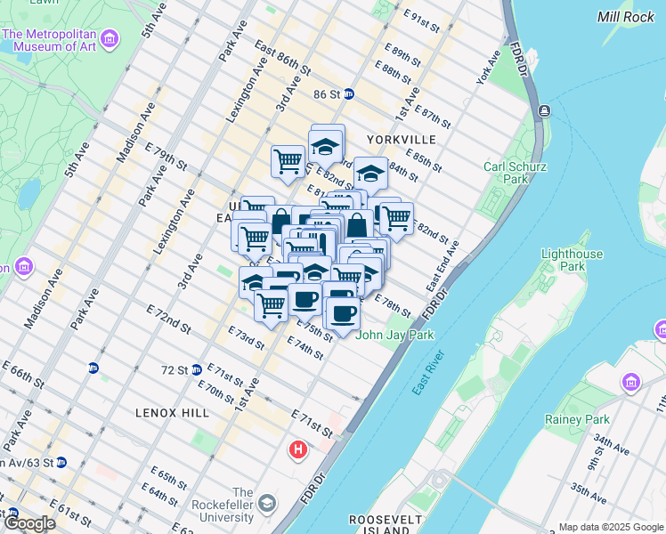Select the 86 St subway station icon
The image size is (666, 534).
[349, 93]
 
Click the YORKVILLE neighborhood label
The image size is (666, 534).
[401, 140]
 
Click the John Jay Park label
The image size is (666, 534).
[394, 336]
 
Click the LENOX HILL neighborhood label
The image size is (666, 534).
[173, 413]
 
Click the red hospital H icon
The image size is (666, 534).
[298, 451]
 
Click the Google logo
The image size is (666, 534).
[28, 523]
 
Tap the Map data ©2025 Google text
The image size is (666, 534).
[610, 527]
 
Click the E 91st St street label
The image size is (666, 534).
[422, 22]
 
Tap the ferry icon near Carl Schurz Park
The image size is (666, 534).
[542, 111]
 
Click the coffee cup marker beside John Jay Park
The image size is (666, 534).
[343, 312]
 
